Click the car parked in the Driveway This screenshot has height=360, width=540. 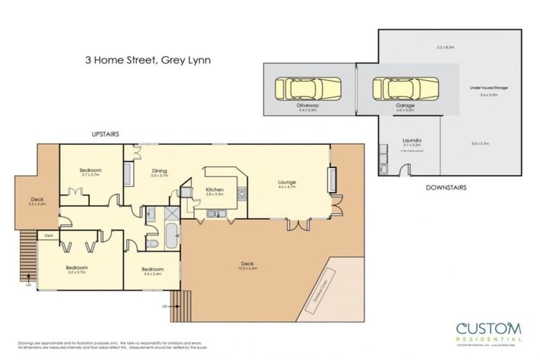click(308, 89)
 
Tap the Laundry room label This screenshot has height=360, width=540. click(411, 141)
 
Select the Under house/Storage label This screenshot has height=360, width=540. click(489, 88)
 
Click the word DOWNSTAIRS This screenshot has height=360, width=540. click(446, 188)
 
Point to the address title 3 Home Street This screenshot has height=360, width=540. click(144, 60)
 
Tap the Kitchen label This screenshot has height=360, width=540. click(214, 190)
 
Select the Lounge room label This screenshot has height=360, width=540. click(285, 181)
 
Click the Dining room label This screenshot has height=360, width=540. click(160, 170)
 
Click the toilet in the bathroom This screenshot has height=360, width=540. click(153, 243)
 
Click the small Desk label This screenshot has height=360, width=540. click(49, 236)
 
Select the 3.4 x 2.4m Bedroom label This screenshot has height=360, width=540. click(152, 269)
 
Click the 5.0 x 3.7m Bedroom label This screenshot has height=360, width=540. click(76, 268)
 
